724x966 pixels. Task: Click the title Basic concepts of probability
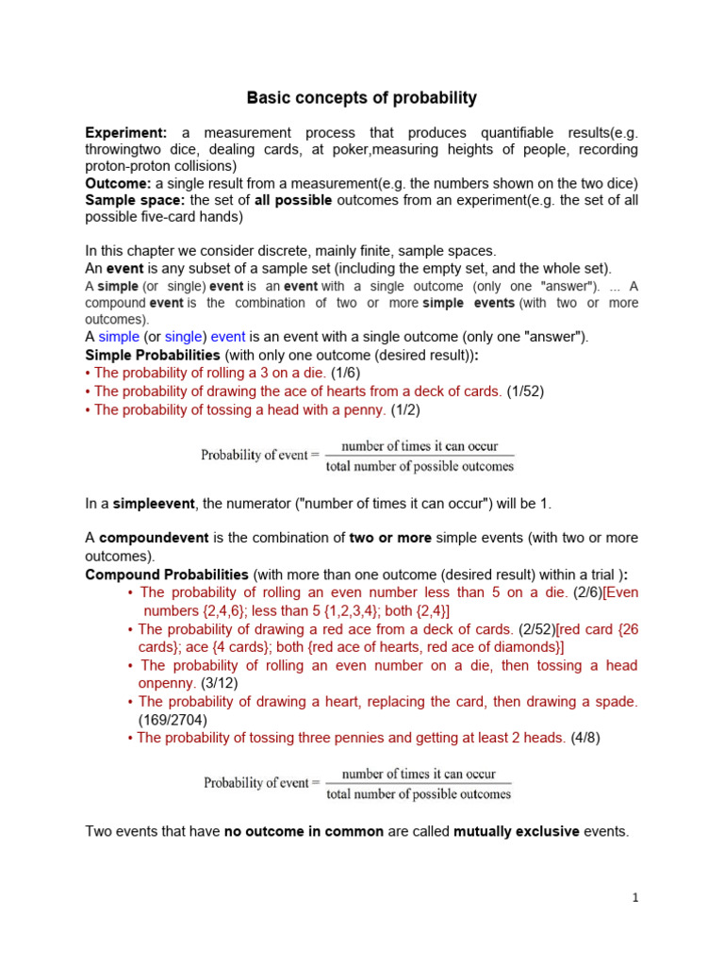362,98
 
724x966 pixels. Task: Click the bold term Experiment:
126,133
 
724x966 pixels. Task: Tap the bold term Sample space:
136,200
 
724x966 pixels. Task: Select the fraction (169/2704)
171,719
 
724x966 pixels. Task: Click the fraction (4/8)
584,738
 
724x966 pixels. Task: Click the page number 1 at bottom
635,898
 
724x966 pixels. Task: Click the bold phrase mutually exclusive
516,831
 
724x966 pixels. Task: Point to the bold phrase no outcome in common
304,831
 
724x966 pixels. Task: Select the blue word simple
119,337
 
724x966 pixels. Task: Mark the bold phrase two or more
390,538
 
